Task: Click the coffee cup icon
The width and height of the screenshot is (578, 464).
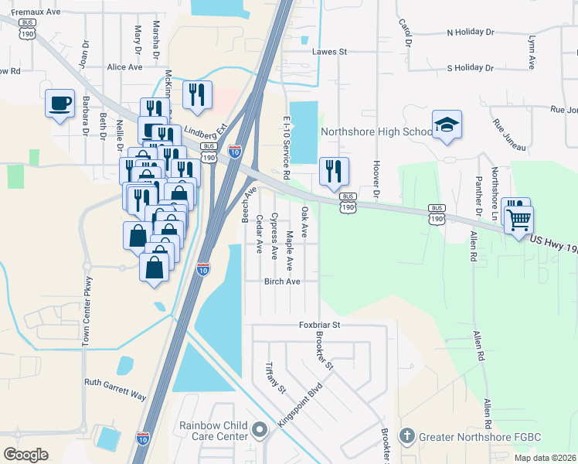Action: point(59,103)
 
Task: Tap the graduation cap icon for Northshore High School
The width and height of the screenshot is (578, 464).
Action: point(446,125)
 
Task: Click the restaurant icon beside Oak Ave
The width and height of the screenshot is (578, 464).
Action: point(334,170)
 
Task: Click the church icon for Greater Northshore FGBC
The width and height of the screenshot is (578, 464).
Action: point(408,436)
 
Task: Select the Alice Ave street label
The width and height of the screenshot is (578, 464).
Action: point(125,67)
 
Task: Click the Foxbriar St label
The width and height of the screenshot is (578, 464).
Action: point(320,326)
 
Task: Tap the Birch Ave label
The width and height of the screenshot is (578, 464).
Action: point(282,281)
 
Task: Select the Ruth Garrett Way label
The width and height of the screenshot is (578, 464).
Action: point(115,388)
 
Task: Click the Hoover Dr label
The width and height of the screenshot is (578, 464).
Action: point(376,176)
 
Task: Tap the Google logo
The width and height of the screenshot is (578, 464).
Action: point(25,455)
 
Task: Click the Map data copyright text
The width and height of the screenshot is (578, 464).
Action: point(545,458)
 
